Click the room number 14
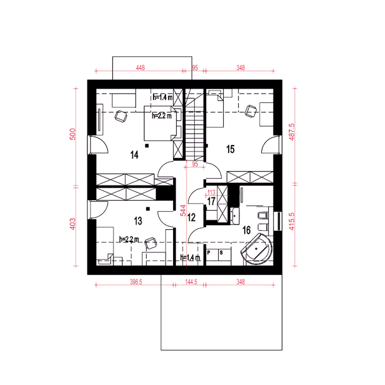(134, 155)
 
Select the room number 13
(138, 221)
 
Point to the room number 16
(246, 230)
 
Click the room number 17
(211, 202)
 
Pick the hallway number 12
(191, 217)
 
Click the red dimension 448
(140, 68)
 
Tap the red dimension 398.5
(136, 282)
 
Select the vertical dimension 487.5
(291, 132)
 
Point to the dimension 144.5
(191, 282)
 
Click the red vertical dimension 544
(183, 211)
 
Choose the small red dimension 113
(211, 192)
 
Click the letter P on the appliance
(208, 253)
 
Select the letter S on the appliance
(221, 253)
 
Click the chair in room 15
(251, 111)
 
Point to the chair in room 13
(151, 243)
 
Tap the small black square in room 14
(147, 146)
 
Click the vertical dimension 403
(73, 224)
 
